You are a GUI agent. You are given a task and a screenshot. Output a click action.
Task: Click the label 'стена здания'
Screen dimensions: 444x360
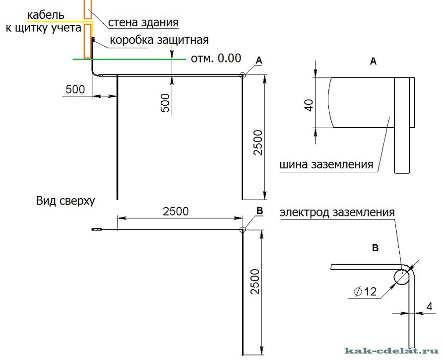point(143,22)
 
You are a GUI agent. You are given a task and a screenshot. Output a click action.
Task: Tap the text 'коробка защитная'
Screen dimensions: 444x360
point(159,40)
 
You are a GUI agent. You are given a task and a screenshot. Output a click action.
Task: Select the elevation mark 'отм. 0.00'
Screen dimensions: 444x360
point(216,59)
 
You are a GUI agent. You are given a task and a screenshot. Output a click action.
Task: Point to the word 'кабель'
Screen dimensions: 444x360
point(46,15)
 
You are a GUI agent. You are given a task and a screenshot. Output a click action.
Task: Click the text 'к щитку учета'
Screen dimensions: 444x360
point(43,29)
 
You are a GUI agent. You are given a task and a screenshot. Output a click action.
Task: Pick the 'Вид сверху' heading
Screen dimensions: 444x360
point(65,201)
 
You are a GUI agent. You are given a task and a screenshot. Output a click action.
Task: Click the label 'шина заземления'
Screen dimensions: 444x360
point(326,165)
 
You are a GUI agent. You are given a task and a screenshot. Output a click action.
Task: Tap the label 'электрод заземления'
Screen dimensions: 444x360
point(337,213)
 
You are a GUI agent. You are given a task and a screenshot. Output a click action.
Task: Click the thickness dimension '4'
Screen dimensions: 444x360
point(429,306)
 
